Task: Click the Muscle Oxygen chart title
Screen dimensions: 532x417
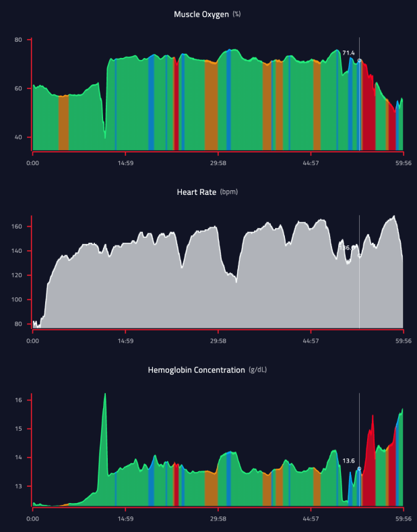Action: point(201,14)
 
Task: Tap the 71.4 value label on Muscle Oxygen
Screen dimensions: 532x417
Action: point(348,53)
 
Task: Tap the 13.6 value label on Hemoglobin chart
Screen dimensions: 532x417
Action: point(348,461)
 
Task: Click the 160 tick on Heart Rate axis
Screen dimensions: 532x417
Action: point(17,227)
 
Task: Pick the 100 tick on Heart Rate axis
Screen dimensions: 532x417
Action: point(17,300)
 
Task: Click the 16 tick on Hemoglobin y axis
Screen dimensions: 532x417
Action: point(19,401)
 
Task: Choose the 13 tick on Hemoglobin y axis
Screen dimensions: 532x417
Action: point(19,486)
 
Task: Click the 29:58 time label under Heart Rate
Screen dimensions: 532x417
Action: point(218,341)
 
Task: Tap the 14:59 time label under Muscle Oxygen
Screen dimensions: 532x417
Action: point(125,162)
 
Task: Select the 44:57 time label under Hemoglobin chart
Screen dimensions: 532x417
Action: point(311,519)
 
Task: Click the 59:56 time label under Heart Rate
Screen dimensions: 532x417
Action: point(403,341)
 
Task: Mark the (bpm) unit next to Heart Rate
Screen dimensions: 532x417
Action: point(228,192)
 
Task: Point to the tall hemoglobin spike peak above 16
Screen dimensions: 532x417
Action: point(105,394)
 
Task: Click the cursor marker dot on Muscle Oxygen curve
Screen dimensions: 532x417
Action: point(359,61)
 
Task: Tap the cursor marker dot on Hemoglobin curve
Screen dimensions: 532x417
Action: point(359,469)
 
